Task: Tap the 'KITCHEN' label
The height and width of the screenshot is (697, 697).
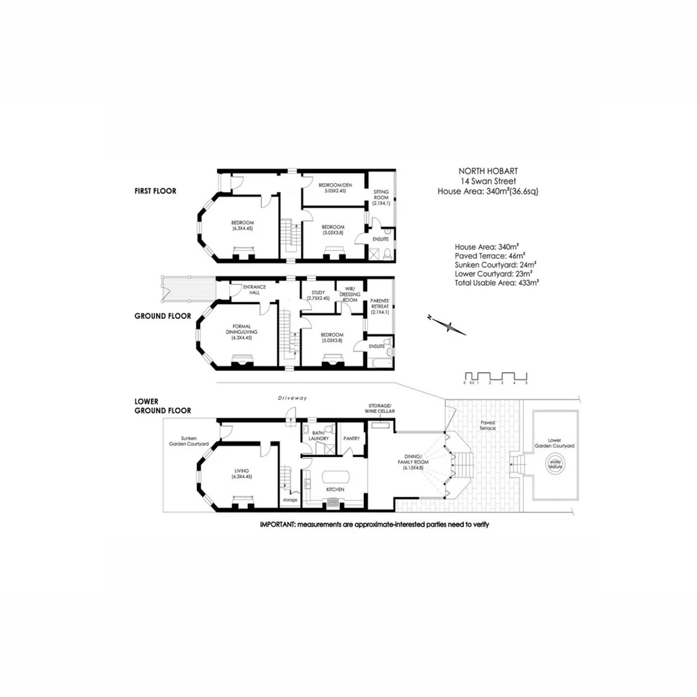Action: click(x=335, y=489)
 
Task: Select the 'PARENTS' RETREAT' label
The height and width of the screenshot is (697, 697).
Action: click(x=379, y=307)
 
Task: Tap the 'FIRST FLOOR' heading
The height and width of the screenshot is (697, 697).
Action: click(x=155, y=191)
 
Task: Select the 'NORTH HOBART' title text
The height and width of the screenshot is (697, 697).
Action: click(x=488, y=171)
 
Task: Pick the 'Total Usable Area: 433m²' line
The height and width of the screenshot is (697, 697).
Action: click(x=497, y=283)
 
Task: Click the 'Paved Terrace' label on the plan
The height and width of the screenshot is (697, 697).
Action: click(x=487, y=425)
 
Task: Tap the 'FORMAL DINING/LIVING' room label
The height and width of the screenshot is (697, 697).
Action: click(x=243, y=329)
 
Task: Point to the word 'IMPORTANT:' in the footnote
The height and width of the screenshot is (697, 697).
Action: click(x=279, y=525)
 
